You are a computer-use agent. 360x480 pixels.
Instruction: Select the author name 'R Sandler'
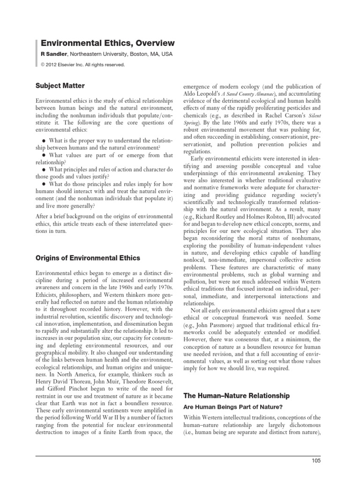click(x=53, y=54)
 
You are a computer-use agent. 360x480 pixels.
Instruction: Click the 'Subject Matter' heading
click(x=61, y=86)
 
